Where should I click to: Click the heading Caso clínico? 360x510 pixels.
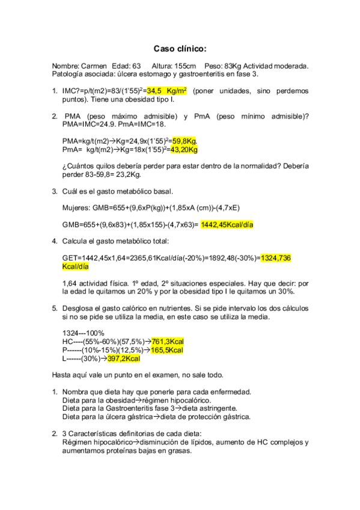180,48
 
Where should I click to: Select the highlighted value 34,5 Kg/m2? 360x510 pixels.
167,91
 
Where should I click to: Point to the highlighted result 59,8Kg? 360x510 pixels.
184,141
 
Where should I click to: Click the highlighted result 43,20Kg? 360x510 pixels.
185,149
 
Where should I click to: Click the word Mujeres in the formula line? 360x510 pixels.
76,207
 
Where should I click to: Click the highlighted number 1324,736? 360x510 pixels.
276,258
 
